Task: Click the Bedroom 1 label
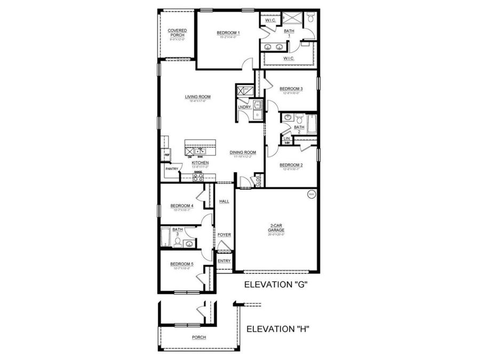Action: tap(228, 33)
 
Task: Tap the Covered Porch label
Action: tap(177, 33)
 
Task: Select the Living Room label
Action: tap(198, 97)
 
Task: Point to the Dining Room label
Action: tap(243, 153)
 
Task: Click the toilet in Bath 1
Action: tap(311, 19)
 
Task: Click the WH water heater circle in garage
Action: tap(311, 195)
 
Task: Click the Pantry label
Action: tap(171, 169)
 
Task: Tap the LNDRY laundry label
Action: tap(244, 107)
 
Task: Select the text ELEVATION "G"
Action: tap(276, 285)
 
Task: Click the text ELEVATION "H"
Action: tap(278, 329)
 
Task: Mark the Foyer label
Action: tap(223, 235)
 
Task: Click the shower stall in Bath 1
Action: tap(292, 19)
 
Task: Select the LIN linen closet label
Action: tap(286, 139)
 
